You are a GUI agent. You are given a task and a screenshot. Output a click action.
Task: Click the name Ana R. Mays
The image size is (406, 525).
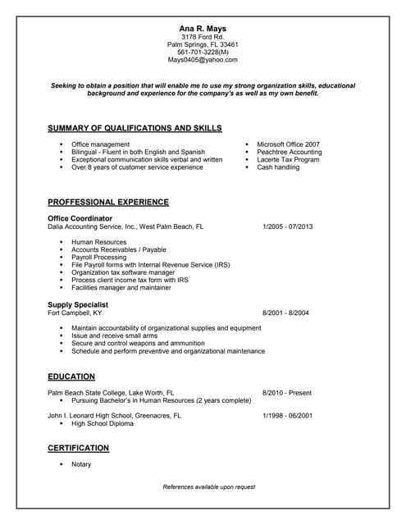(203, 29)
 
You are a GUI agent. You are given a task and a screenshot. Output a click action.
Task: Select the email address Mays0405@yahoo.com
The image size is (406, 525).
(203, 60)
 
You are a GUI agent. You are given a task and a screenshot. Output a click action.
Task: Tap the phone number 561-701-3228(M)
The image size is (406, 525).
(203, 52)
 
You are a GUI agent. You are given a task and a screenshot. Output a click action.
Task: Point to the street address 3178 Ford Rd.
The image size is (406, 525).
(203, 37)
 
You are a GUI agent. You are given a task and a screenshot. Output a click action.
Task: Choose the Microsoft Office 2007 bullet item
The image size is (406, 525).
(288, 144)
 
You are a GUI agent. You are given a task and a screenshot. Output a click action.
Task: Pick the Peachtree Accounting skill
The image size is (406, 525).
(289, 152)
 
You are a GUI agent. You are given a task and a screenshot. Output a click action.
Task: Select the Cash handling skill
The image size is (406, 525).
(278, 167)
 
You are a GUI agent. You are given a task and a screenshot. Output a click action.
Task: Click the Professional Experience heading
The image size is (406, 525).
(108, 202)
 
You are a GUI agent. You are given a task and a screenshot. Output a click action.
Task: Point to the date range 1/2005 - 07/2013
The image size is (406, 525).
(287, 226)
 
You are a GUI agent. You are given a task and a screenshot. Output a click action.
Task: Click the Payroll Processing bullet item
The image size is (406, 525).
(98, 258)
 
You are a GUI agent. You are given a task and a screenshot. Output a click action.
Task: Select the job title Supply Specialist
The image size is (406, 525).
(78, 304)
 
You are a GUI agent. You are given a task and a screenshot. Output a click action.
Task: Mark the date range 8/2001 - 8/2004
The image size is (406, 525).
(285, 313)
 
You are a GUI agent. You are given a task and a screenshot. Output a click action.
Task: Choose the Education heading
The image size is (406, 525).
(71, 377)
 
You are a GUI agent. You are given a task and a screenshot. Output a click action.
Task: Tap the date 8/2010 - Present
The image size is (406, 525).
(287, 393)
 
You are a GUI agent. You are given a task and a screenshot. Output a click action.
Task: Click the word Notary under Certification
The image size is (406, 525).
(81, 464)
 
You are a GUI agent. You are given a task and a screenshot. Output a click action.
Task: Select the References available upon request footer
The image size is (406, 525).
(209, 487)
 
